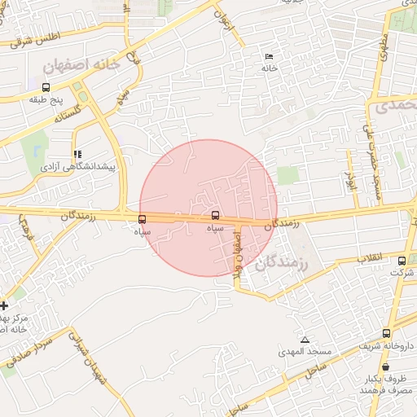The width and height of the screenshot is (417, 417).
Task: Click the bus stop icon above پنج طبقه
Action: point(46,87)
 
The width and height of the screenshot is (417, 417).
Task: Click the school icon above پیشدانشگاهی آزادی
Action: point(77,154)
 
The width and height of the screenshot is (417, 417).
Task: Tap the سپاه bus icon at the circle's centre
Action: point(215,215)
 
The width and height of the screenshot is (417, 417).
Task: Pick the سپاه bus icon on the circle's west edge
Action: point(143,218)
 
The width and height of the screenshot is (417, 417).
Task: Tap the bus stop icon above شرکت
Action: point(402,261)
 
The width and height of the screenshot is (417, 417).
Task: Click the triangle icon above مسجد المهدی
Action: point(305,340)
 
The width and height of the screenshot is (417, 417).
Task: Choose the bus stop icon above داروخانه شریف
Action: point(386,333)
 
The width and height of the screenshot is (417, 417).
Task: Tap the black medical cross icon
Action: point(5,305)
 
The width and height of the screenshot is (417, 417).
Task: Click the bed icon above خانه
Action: point(269,56)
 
